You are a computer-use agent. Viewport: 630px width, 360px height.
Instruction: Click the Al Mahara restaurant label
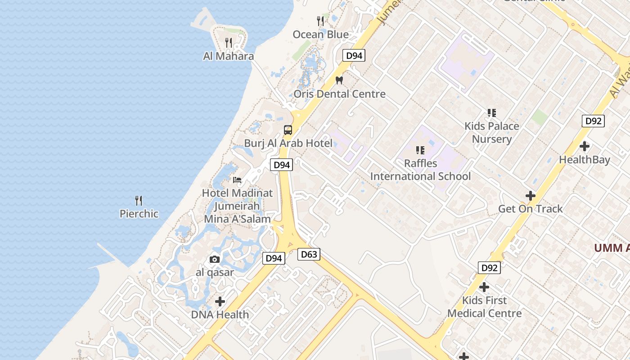tap(229, 56)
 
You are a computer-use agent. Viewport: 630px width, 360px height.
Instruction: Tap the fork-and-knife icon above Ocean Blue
tap(320, 21)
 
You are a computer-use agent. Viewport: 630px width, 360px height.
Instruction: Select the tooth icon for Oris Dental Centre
tap(339, 81)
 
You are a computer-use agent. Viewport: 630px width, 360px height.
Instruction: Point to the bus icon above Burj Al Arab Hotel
tap(288, 130)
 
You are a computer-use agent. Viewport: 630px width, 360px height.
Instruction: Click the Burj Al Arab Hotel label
tap(288, 144)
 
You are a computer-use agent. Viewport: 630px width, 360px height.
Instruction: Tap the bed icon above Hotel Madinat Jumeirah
tap(237, 180)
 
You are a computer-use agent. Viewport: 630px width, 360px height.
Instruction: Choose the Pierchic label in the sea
tap(139, 214)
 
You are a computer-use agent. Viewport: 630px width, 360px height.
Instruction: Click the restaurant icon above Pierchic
tap(139, 201)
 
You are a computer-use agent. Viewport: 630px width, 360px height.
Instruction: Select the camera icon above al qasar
tap(215, 259)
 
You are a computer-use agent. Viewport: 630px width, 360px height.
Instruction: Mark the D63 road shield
tap(309, 255)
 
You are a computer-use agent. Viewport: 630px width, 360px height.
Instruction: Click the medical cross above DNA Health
tap(220, 301)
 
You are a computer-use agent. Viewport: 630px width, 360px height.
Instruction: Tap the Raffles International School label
tap(420, 170)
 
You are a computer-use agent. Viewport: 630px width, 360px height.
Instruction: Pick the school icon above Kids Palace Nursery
tap(491, 112)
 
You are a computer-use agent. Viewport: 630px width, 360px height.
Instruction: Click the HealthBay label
tap(585, 160)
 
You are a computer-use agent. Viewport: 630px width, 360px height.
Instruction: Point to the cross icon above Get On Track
tap(531, 196)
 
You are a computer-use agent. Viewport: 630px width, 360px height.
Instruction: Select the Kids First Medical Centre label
tap(484, 307)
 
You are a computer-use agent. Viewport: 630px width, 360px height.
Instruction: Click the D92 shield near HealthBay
tap(593, 121)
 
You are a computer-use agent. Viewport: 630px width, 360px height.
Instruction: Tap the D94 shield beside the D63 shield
tap(274, 258)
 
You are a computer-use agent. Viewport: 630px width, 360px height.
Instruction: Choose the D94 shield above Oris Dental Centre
tap(354, 56)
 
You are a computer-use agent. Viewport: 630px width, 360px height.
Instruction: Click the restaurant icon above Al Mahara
tap(229, 43)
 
